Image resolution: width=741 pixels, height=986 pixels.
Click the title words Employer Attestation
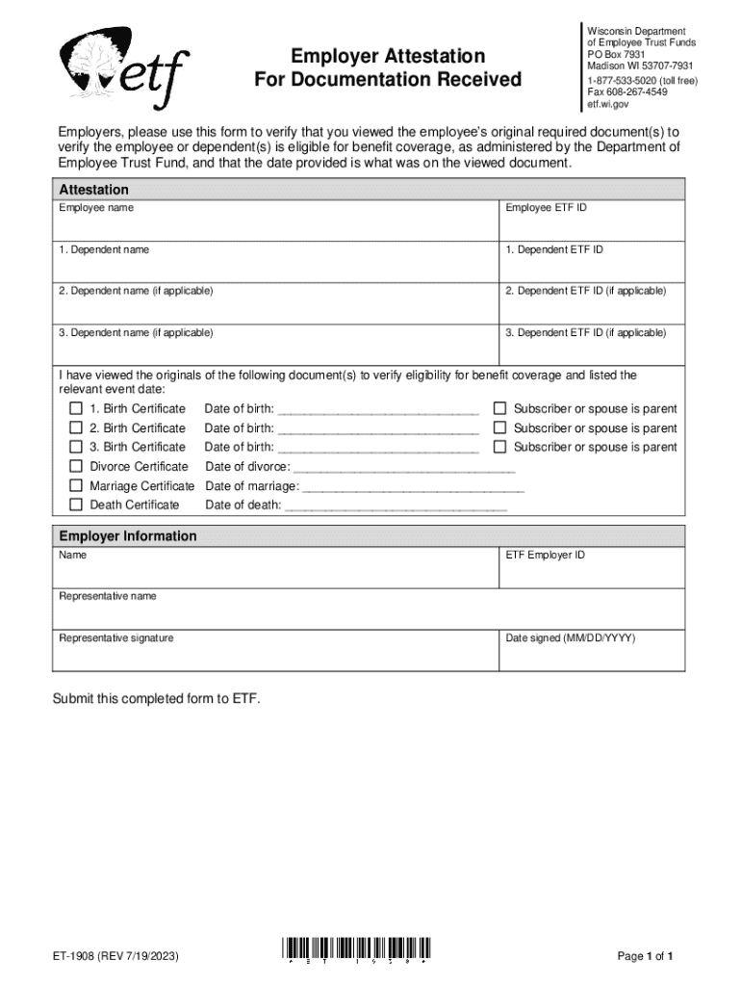(x=388, y=55)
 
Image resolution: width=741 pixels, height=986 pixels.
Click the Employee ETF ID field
(x=591, y=225)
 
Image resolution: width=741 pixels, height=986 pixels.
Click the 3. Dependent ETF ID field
(x=591, y=349)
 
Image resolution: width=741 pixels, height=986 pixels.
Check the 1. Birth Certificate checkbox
(x=75, y=409)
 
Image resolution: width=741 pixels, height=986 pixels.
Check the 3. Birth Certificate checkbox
(x=75, y=447)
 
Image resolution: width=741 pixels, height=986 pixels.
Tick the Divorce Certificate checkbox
(x=75, y=467)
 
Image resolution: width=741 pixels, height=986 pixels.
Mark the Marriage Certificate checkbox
(x=75, y=486)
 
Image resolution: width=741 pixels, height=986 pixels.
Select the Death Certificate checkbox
(x=75, y=505)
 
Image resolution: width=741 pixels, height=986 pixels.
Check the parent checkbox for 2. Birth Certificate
(x=499, y=428)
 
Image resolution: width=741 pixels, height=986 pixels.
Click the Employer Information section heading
(x=128, y=536)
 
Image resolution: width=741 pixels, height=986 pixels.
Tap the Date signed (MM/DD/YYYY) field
(x=591, y=656)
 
